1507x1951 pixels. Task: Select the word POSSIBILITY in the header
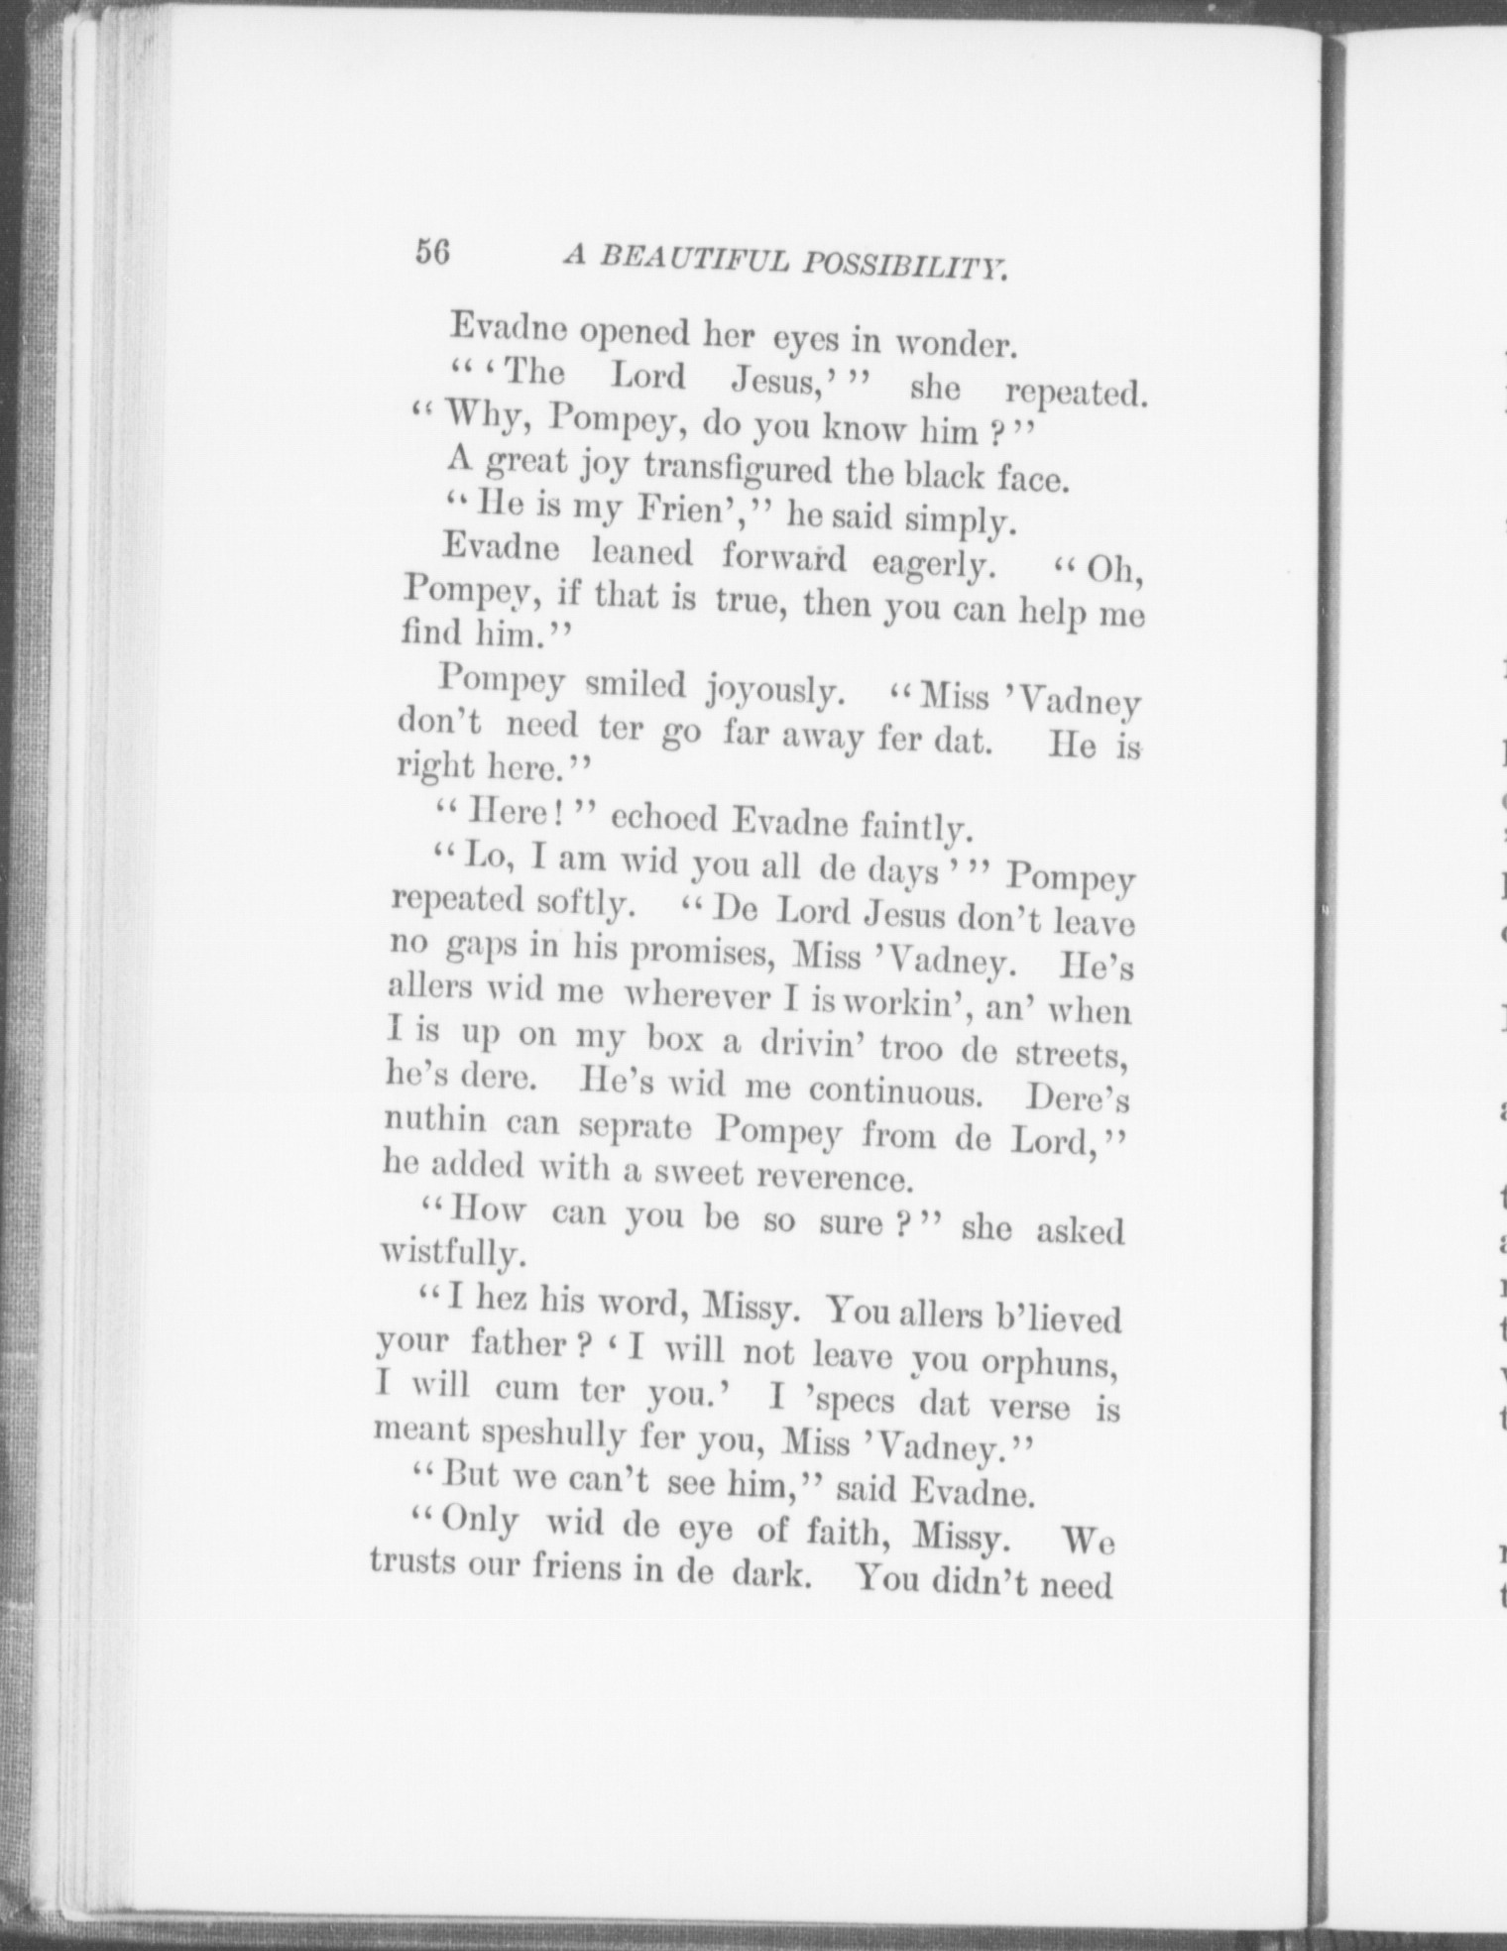907,266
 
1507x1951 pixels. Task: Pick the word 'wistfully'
451,1254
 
